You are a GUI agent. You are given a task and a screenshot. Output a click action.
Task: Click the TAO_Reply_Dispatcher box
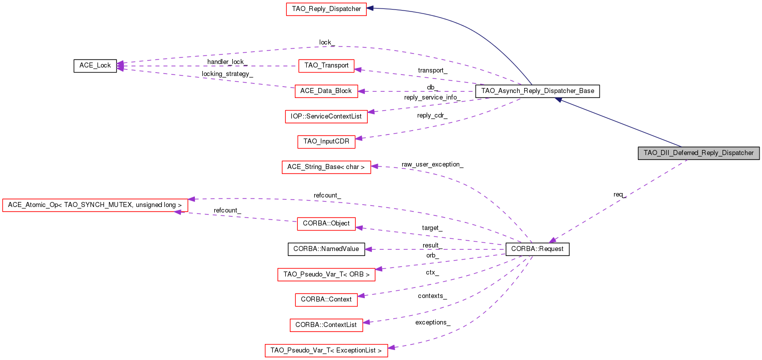326,9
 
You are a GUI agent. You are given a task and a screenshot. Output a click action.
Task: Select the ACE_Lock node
95,65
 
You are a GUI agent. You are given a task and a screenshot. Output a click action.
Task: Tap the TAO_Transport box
326,65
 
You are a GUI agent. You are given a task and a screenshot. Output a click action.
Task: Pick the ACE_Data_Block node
326,91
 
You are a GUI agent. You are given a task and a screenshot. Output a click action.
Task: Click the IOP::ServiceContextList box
326,116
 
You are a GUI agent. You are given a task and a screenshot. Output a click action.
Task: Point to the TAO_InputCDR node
326,141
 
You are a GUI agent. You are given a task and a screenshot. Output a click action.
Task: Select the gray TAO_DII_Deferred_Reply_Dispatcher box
699,153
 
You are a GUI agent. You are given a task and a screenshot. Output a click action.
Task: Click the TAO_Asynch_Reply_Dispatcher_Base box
537,91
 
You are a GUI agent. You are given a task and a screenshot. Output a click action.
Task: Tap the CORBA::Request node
538,249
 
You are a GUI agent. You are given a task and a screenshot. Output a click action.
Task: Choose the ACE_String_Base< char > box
326,167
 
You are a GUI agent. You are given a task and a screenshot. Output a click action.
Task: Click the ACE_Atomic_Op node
95,205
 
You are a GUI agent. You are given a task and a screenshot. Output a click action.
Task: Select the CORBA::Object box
326,223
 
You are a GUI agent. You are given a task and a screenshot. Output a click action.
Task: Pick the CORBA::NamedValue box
326,248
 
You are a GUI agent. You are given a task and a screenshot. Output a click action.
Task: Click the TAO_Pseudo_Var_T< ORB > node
326,274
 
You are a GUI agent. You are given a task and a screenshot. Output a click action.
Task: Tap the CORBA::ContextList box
326,325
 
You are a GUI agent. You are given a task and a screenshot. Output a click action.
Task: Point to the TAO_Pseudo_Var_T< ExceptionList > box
326,350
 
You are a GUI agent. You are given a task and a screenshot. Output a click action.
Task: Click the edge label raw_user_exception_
432,164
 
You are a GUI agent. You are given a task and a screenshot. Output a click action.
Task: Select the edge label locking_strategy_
227,74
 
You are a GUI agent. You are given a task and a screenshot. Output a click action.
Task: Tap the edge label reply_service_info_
431,97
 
